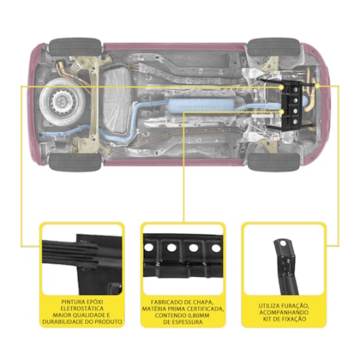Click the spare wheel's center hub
[x=62, y=101]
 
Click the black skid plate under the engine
[x=292, y=105]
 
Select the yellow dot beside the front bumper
[x=317, y=86]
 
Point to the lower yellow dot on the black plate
[x=282, y=112]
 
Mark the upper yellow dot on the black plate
[x=282, y=87]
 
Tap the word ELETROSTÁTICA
[x=82, y=309]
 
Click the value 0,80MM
[x=196, y=315]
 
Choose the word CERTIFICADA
[x=205, y=309]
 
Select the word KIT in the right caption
[x=267, y=319]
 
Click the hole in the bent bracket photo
[x=283, y=243]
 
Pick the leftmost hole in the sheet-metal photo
[x=148, y=248]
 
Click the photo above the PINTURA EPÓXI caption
[x=82, y=261]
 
